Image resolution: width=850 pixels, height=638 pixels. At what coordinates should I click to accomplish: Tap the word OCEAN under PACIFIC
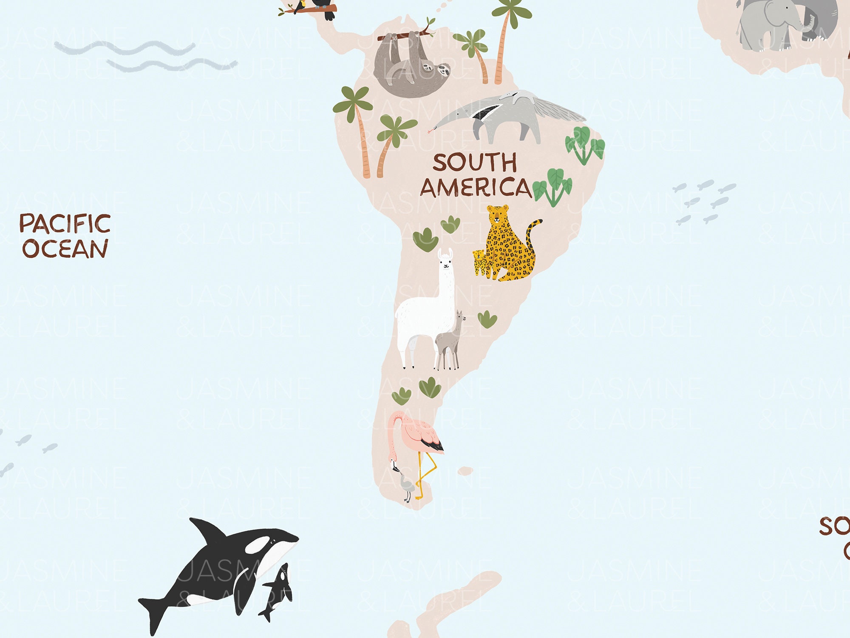tap(65, 249)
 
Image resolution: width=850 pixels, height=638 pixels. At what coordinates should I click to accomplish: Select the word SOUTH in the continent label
tap(475, 162)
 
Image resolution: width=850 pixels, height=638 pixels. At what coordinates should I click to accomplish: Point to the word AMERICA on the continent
tap(476, 188)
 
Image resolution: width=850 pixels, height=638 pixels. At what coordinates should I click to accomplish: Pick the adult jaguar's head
tap(498, 215)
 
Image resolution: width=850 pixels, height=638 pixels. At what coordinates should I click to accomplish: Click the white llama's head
tap(445, 260)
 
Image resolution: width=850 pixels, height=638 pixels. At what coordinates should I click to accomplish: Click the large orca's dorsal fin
tap(208, 532)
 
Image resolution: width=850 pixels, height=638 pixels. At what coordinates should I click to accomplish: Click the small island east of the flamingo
tap(465, 471)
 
